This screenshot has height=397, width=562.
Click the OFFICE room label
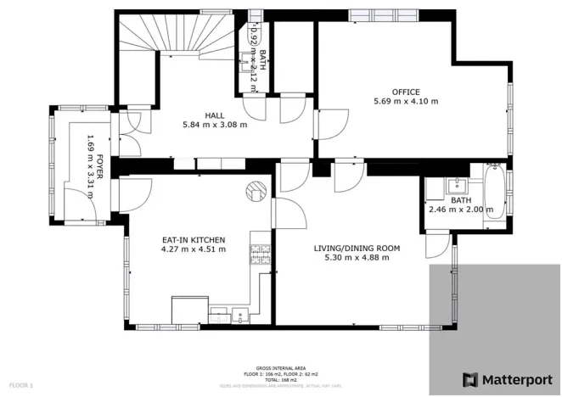click(405, 92)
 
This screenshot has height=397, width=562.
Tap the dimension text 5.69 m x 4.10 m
click(405, 102)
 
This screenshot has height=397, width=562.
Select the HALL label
click(214, 115)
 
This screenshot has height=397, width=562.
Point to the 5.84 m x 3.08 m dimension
click(214, 125)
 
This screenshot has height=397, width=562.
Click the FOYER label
click(99, 167)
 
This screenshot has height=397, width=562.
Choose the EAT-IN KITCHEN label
click(194, 239)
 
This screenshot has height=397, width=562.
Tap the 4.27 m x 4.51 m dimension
click(194, 249)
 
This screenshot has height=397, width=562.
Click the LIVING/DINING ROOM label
click(357, 248)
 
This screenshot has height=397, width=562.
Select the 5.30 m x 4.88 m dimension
click(357, 258)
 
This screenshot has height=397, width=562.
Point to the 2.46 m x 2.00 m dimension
click(460, 210)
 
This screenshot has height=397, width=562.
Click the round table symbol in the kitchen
click(256, 193)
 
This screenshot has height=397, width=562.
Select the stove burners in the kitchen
click(258, 252)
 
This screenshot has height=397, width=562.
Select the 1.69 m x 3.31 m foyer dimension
click(89, 167)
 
